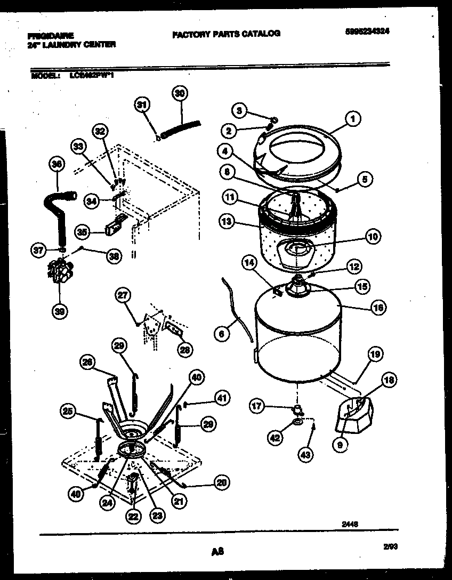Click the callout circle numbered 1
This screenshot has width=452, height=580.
pyautogui.click(x=352, y=120)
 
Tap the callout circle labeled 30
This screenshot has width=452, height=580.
pyautogui.click(x=180, y=93)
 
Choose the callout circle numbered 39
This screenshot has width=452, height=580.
pyautogui.click(x=60, y=313)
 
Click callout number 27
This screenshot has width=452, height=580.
pyautogui.click(x=123, y=295)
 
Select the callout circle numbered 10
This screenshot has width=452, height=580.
pyautogui.click(x=373, y=236)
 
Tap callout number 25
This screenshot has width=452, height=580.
pyautogui.click(x=68, y=412)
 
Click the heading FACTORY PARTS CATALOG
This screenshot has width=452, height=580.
pyautogui.click(x=226, y=34)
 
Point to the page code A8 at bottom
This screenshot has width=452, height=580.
pyautogui.click(x=216, y=553)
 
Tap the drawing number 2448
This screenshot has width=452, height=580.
pyautogui.click(x=350, y=524)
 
